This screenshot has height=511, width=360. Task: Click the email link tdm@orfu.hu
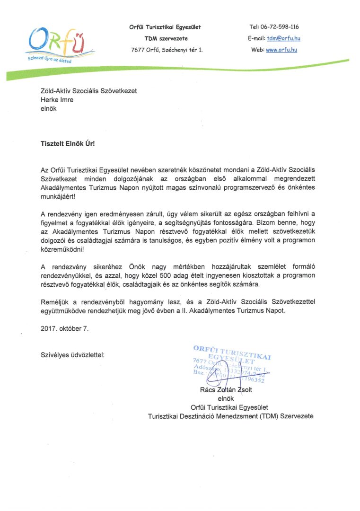pos(283,38)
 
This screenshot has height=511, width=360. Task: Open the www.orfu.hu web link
pos(281,50)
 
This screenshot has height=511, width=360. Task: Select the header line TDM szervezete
pos(165,38)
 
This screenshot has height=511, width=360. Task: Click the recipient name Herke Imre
pos(57,99)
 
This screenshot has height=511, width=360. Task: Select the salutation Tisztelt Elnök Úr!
pos(67,141)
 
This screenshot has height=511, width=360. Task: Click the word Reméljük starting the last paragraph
pos(54,301)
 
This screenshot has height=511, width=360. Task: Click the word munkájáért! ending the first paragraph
pos(58,196)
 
